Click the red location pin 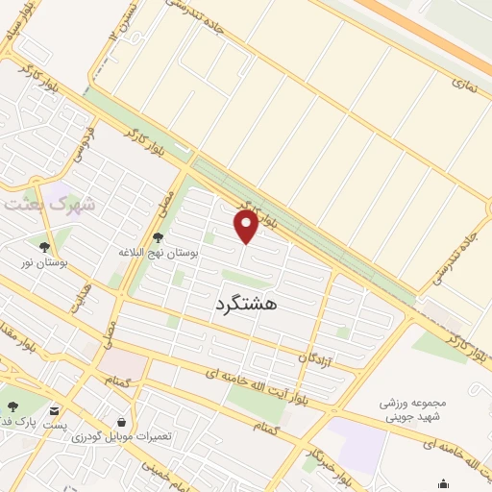pyautogui.click(x=247, y=227)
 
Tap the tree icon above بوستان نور pyautogui.click(x=44, y=246)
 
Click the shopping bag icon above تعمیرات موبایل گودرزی pyautogui.click(x=121, y=422)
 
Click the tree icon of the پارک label pyautogui.click(x=13, y=407)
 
